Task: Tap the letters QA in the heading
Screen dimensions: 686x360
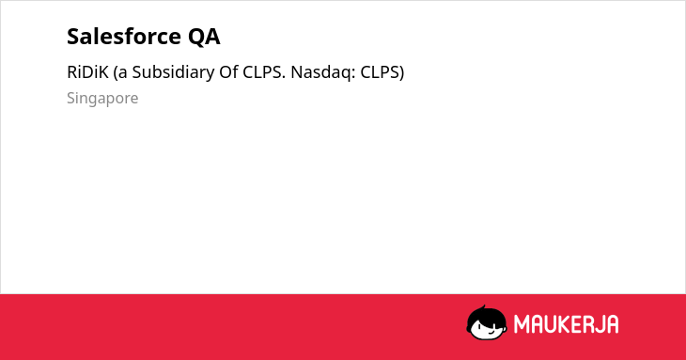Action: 204,37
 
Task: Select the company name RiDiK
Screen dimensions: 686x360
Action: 87,72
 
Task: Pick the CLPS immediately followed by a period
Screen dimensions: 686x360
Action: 264,72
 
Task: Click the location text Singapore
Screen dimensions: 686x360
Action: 102,99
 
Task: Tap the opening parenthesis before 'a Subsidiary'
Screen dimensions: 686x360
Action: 116,73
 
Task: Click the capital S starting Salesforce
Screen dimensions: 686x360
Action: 73,37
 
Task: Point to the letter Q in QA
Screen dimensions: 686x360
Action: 196,38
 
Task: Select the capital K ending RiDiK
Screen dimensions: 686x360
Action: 103,72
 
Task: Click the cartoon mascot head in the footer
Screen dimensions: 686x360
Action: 487,322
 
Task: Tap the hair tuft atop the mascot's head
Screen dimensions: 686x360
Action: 483,307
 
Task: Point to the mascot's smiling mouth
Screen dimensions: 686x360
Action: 490,333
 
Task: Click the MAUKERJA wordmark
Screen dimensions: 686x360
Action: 566,324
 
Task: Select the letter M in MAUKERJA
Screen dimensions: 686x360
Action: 522,324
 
